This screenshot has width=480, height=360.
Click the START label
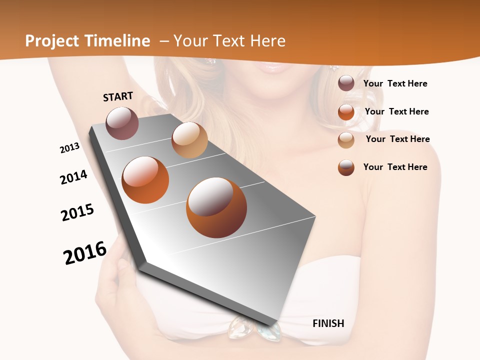118,96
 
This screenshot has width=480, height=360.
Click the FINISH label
328,323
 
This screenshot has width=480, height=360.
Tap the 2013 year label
69,148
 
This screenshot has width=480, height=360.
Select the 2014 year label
73,177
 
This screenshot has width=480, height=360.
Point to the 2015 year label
77,212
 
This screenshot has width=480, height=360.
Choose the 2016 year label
85,252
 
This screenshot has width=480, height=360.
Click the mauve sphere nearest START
122,123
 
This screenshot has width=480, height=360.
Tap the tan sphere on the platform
189,140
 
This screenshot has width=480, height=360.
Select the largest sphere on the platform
216,207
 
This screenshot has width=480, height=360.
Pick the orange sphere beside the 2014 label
145,180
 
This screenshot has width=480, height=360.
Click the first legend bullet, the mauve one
346,83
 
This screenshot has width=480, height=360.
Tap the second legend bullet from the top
346,112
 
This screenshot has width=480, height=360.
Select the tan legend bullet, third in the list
346,140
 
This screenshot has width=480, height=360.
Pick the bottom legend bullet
346,167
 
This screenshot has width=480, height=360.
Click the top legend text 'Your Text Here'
395,83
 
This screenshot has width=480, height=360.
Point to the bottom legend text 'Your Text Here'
395,167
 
